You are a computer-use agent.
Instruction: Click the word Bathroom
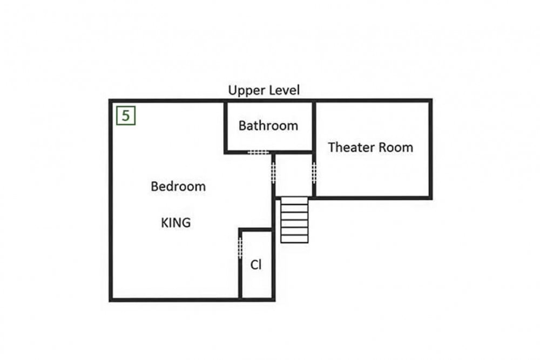click(268, 126)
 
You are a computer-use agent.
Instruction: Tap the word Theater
click(351, 147)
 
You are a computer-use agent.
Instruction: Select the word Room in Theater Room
click(396, 147)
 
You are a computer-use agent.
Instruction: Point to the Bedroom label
click(178, 187)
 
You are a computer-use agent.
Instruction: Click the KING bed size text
click(175, 223)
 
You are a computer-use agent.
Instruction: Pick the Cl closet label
click(256, 265)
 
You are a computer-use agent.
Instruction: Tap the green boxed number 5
click(126, 116)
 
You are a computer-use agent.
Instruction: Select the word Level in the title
click(285, 90)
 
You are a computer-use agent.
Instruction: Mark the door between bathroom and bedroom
click(258, 152)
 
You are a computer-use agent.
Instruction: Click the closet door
click(240, 248)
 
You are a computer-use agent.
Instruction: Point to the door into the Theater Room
click(314, 173)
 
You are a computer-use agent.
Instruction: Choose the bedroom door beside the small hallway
click(273, 173)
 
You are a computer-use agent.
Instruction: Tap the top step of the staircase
click(294, 201)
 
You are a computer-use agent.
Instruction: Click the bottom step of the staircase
click(294, 239)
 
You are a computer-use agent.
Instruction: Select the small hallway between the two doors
click(294, 175)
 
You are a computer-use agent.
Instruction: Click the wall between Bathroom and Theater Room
click(314, 126)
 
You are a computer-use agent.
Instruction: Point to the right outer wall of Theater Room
click(430, 149)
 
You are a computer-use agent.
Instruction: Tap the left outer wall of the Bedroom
click(111, 200)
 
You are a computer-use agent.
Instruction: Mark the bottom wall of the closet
click(257, 300)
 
